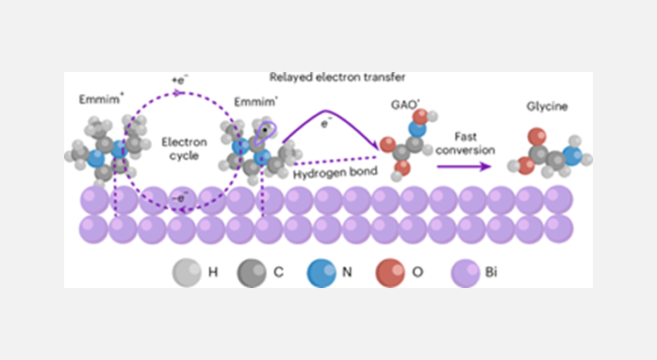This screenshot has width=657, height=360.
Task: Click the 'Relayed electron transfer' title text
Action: coord(326,78)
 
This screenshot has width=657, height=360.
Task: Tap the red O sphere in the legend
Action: coord(392,271)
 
